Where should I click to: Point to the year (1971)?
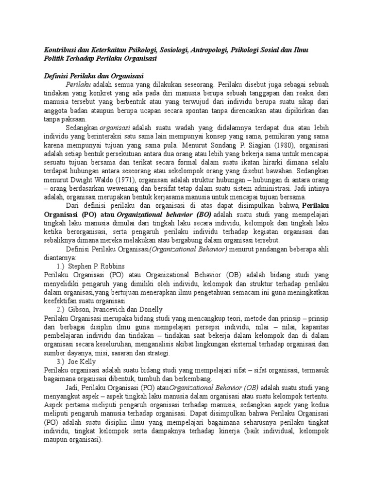pyautogui.click(x=135, y=180)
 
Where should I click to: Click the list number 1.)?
pyautogui.click(x=61, y=266)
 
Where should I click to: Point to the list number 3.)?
pyautogui.click(x=61, y=361)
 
